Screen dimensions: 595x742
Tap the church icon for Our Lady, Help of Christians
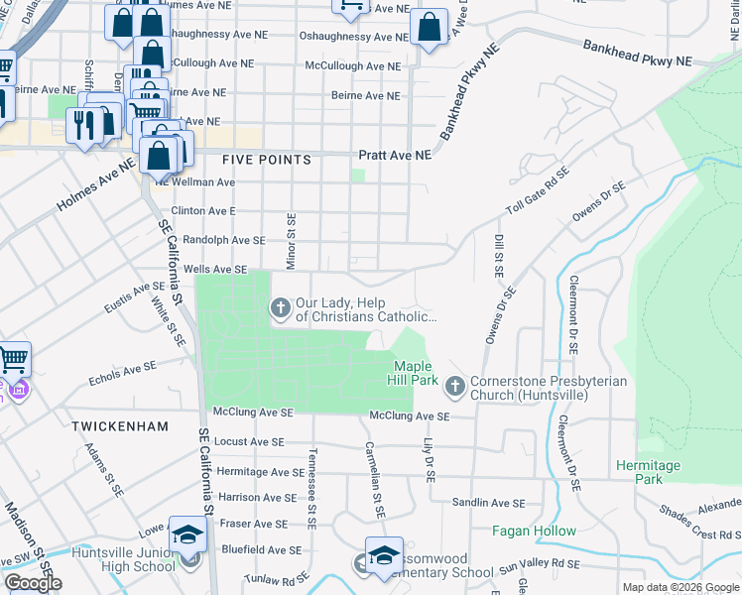(281, 309)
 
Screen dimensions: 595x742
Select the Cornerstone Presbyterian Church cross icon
(454, 385)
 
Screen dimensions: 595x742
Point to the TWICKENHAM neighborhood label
(114, 425)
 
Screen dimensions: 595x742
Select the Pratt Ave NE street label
(395, 156)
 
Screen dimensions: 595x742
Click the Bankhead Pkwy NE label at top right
(637, 54)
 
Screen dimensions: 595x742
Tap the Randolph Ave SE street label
(225, 240)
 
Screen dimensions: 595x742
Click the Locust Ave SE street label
(249, 441)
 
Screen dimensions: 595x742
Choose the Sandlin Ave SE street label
(488, 505)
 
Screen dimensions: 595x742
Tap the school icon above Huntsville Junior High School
(186, 534)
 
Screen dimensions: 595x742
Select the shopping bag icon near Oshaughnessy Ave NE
(430, 29)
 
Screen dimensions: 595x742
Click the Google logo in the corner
(33, 583)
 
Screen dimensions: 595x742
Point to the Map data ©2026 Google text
(680, 587)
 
